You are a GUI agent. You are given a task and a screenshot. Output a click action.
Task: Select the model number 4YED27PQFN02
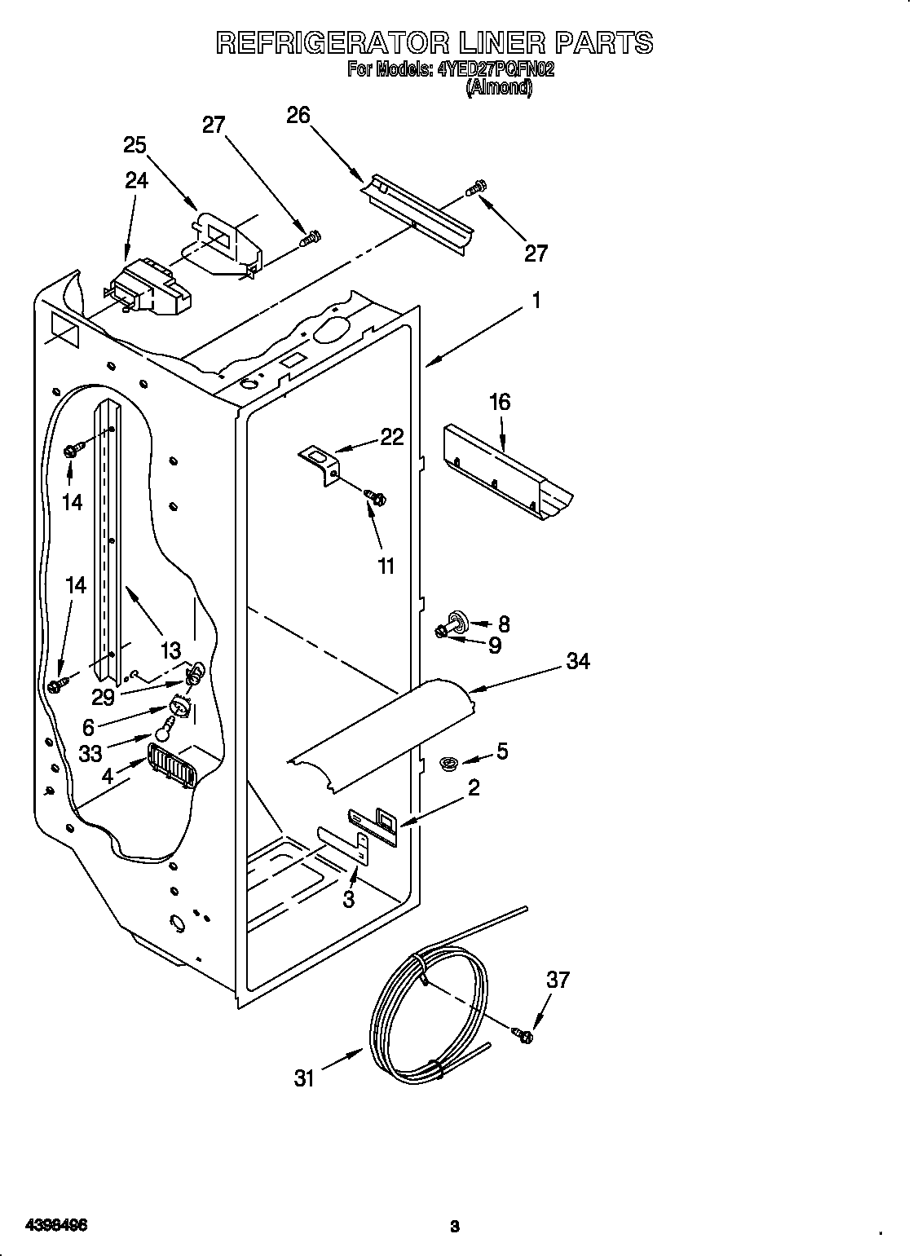(496, 70)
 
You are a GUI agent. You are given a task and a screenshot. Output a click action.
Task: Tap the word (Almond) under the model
(498, 89)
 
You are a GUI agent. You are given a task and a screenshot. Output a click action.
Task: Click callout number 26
(298, 116)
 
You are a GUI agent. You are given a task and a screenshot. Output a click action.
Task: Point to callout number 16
(500, 402)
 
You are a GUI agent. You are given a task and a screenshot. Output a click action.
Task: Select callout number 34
(577, 661)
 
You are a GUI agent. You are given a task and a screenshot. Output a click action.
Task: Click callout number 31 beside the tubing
(303, 1078)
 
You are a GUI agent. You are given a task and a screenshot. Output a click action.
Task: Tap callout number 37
(558, 981)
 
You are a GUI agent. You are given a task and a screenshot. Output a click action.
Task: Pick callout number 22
(392, 437)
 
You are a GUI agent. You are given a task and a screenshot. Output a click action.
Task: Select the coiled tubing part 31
(428, 1019)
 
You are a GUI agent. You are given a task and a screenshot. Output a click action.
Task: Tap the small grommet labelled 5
(449, 764)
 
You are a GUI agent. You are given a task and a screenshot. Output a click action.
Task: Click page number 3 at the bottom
(455, 1202)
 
